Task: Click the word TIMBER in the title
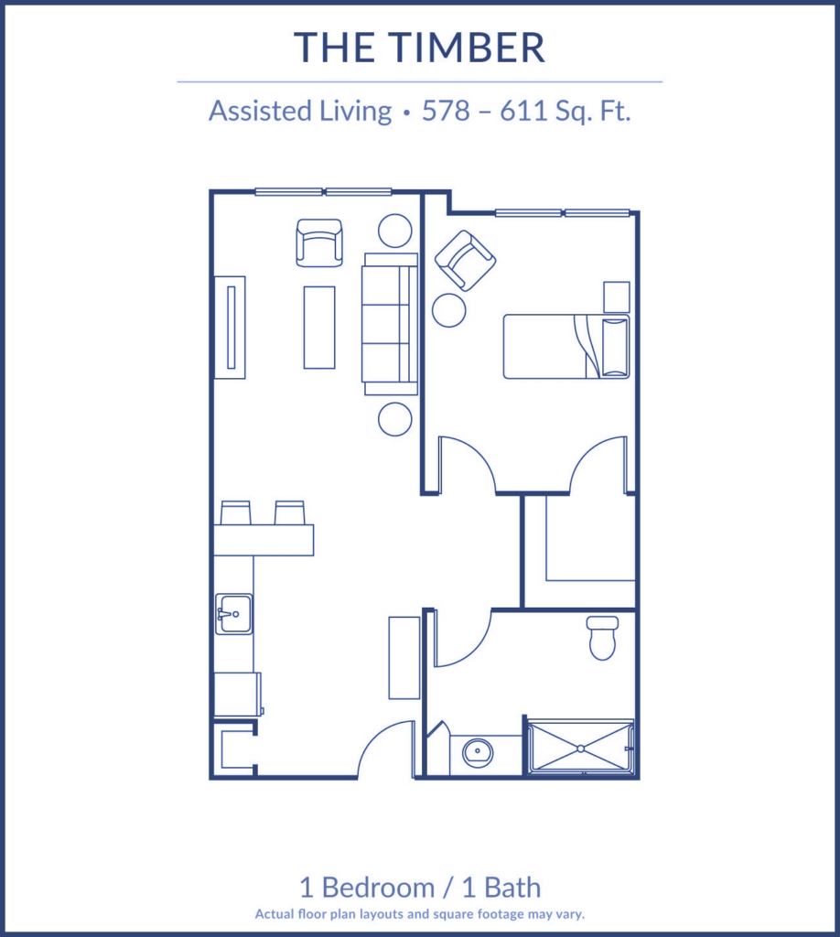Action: click(467, 48)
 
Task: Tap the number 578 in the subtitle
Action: click(446, 111)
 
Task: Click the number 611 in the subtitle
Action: click(522, 111)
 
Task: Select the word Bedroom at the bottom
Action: click(379, 888)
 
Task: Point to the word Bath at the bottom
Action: click(512, 888)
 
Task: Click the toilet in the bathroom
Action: click(602, 638)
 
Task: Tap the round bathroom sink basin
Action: click(478, 751)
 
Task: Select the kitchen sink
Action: click(233, 614)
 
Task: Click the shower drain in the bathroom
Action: click(580, 749)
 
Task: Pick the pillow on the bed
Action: click(615, 347)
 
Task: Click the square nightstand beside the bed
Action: click(616, 297)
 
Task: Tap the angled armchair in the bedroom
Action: click(466, 261)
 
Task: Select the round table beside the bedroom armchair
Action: click(448, 310)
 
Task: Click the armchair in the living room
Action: click(319, 242)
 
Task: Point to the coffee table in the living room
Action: click(319, 328)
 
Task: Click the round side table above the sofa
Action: click(395, 231)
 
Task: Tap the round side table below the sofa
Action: click(395, 419)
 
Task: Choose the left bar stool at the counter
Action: click(235, 512)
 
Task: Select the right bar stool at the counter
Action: click(289, 512)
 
